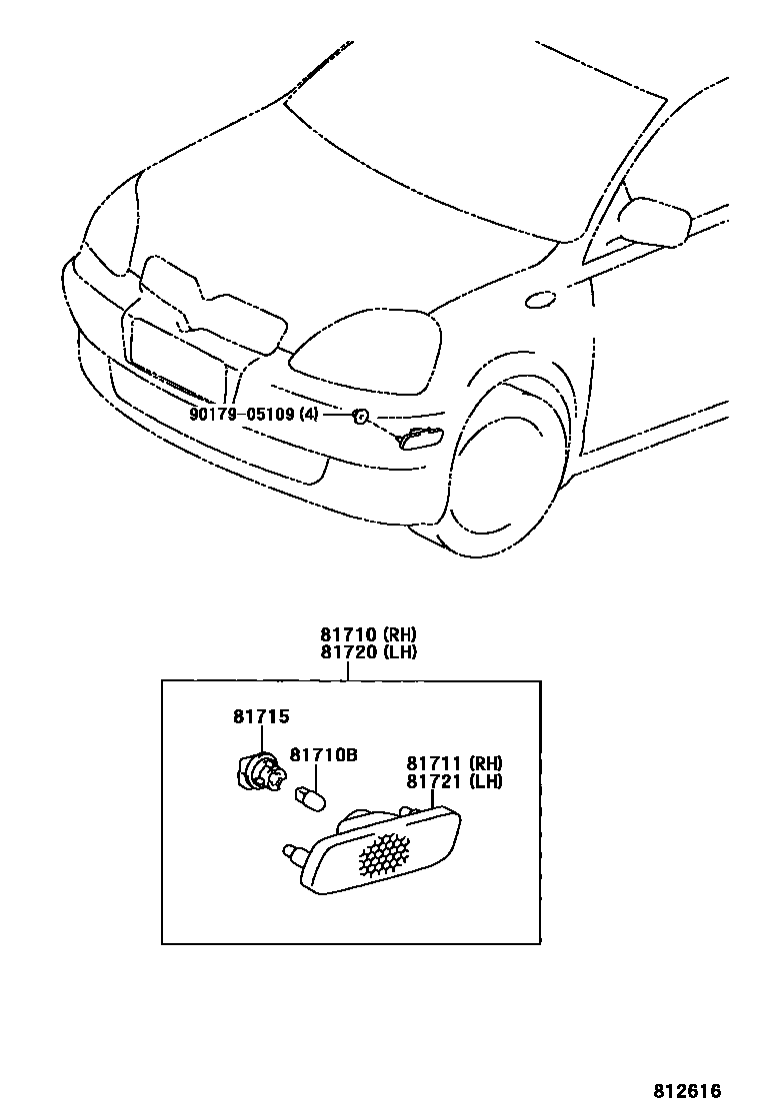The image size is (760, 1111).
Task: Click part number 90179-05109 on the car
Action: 242,414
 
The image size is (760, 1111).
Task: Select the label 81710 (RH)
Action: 368,634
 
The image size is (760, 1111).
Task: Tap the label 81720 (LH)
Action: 368,652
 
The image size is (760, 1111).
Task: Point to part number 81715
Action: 261,716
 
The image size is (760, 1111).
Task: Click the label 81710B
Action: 323,755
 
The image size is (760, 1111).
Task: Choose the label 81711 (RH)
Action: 454,764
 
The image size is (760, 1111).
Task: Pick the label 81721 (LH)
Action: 454,781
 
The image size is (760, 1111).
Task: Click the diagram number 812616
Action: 687,1091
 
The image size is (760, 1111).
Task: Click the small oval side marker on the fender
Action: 540,298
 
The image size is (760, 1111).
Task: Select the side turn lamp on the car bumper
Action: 424,438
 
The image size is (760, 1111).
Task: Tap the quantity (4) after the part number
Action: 309,414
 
